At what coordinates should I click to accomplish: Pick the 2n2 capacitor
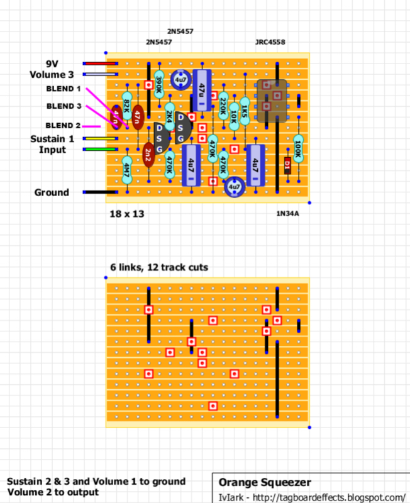click(x=148, y=154)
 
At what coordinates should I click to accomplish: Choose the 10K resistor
click(x=234, y=116)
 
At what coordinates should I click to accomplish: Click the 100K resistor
click(x=298, y=148)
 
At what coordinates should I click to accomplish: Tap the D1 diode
click(x=287, y=165)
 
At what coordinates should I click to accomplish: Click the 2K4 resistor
click(x=170, y=116)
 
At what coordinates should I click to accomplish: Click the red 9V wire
click(x=100, y=64)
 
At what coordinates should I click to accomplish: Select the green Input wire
click(x=100, y=149)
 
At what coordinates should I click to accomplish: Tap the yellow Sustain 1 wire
click(x=100, y=138)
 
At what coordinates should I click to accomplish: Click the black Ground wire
click(x=100, y=192)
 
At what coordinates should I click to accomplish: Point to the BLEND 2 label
click(x=63, y=126)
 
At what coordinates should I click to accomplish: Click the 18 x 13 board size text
click(x=127, y=214)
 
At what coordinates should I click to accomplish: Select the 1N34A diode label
click(x=287, y=214)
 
